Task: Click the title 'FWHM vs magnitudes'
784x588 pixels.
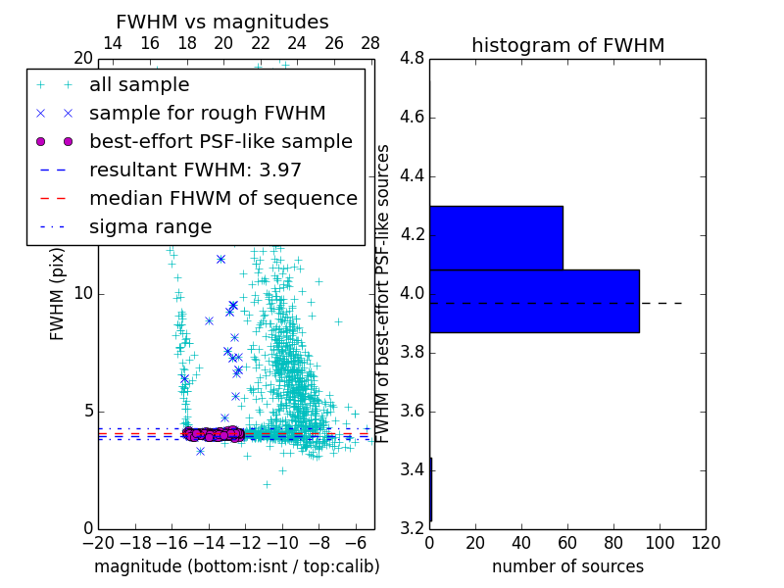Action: point(222,23)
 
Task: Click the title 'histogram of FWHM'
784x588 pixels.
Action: point(567,45)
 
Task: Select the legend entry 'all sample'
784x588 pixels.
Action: point(139,85)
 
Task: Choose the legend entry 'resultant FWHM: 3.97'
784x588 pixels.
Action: point(195,171)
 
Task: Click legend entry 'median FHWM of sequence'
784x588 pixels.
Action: point(222,199)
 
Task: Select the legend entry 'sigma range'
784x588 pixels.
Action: point(150,227)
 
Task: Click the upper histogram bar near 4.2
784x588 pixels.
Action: point(496,237)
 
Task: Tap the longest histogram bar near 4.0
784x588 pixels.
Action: point(534,301)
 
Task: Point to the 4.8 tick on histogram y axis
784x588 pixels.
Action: point(412,59)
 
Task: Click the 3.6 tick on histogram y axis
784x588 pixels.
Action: point(412,411)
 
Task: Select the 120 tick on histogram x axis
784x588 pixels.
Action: point(706,541)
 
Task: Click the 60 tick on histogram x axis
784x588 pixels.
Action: point(567,541)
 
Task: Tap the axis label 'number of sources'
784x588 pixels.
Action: point(567,566)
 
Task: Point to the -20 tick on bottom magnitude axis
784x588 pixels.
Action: point(98,541)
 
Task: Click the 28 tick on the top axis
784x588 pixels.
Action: point(370,44)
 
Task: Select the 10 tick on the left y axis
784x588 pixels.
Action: point(83,294)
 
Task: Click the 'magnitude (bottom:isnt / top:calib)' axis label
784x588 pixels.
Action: point(236,566)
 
